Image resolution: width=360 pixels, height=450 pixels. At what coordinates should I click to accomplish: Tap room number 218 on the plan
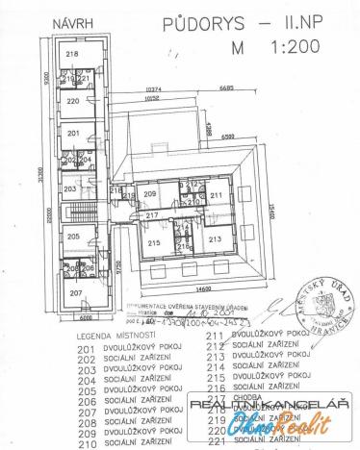coord(71,56)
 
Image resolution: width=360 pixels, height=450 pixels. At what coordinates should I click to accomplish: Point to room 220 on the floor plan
coord(72,100)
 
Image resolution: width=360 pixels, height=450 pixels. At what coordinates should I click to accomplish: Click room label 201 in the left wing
coord(71,132)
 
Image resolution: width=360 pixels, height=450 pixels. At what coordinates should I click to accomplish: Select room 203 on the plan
coord(68,189)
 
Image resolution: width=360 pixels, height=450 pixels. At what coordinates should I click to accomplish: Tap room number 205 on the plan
coord(71,236)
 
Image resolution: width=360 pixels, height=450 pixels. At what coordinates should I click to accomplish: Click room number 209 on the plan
coord(149,195)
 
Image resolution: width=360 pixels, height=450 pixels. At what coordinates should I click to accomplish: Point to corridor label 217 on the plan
coord(151,217)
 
